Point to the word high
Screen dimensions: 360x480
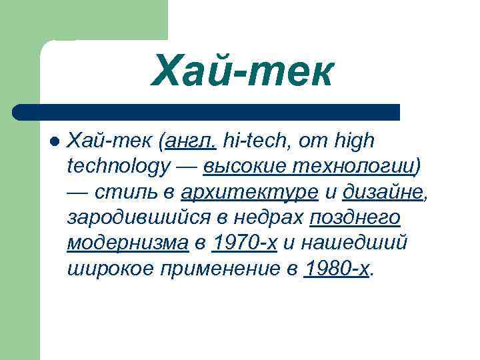[354, 141]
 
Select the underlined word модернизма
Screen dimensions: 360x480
[127, 243]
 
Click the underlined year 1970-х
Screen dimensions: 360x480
[244, 243]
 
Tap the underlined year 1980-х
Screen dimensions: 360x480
[336, 268]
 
